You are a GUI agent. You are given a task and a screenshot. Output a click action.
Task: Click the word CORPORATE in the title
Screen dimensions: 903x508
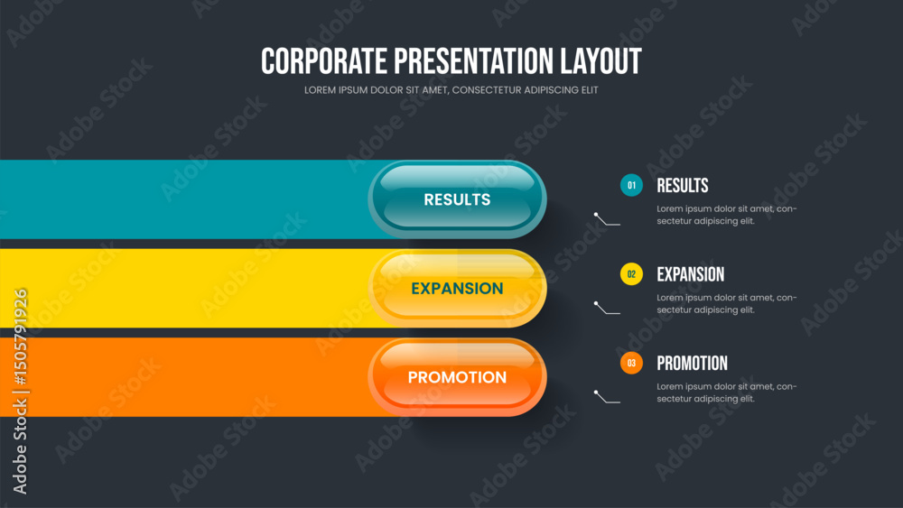(324, 61)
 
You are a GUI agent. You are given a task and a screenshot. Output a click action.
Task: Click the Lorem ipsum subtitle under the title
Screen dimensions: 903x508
(451, 90)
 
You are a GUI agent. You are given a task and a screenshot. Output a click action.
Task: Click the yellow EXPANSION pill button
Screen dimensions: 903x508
(457, 288)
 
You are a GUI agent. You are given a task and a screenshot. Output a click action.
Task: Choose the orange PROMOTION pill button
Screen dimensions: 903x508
(457, 377)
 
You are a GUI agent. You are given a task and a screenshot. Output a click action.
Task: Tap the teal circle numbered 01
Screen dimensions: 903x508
(631, 185)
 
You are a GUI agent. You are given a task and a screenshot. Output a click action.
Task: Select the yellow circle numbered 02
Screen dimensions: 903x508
(631, 274)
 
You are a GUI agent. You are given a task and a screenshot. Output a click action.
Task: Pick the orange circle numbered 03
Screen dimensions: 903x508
(631, 363)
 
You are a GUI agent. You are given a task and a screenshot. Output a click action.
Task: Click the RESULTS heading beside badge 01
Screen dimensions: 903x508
(683, 185)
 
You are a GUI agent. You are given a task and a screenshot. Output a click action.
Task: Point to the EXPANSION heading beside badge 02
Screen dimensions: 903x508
(691, 274)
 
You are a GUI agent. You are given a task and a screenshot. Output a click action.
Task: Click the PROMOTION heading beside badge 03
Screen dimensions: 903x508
(693, 363)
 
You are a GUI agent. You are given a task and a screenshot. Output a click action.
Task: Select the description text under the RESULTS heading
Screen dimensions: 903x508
(727, 215)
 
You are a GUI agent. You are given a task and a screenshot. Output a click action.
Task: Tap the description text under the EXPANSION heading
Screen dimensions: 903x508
(727, 304)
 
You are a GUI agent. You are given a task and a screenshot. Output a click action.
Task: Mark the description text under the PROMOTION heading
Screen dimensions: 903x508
(727, 393)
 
